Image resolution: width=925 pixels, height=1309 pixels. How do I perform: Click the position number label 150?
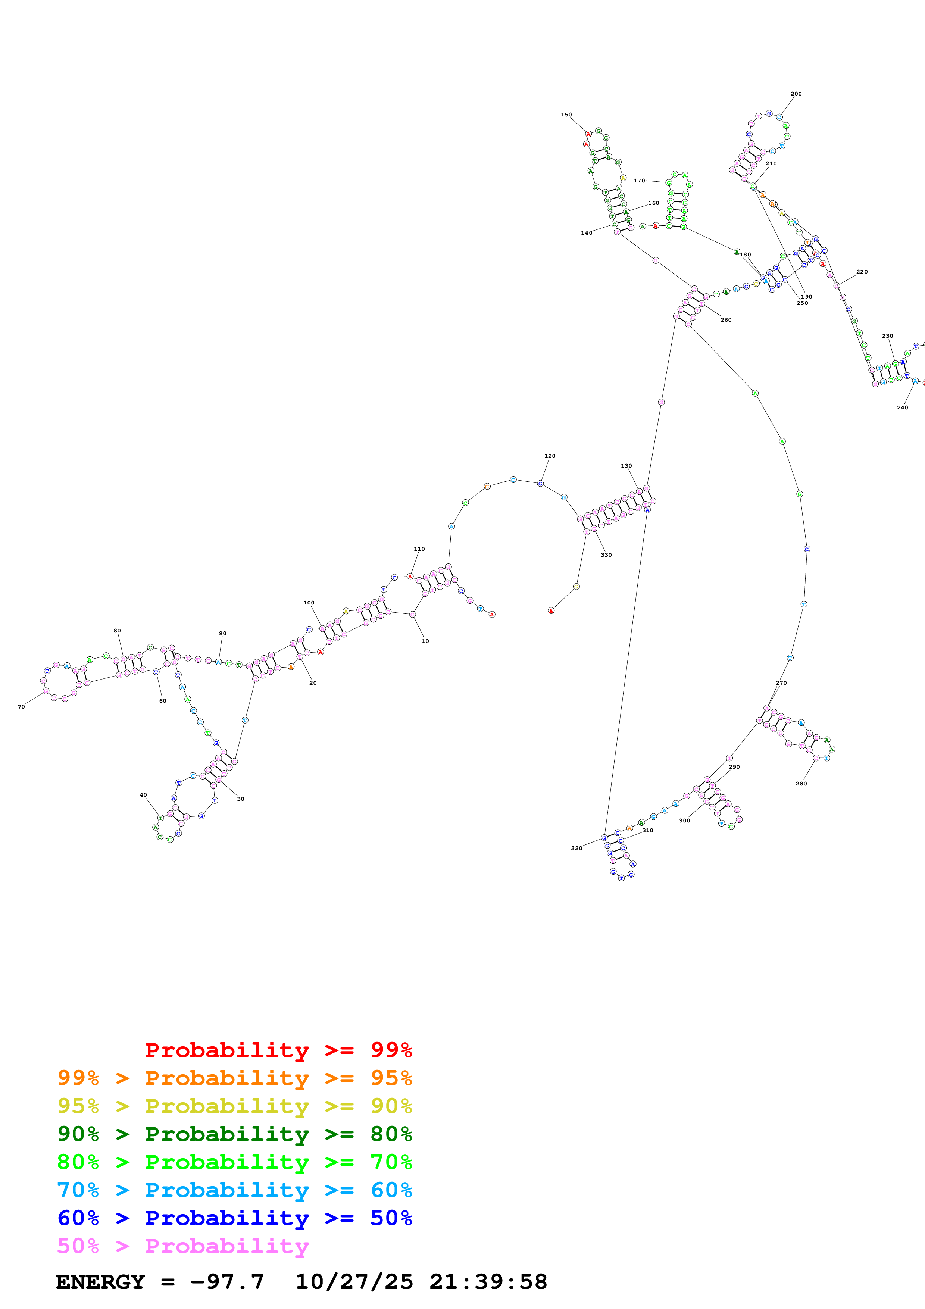pos(566,115)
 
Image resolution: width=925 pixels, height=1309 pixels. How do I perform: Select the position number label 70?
pos(21,707)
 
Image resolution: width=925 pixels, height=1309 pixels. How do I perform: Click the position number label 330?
pos(606,555)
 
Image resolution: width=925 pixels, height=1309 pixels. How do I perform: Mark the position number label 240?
pos(902,407)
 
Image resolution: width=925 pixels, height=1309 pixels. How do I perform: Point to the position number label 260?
pos(725,320)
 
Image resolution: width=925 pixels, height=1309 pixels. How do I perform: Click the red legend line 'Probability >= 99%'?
pos(278,1050)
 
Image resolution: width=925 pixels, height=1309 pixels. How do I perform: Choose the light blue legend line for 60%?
pos(234,1190)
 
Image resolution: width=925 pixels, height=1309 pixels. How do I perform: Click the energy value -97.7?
pos(227,1282)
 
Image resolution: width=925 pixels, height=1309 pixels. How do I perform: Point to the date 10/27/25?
pos(354,1282)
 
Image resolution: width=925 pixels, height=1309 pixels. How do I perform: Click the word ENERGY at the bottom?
pos(100,1282)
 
